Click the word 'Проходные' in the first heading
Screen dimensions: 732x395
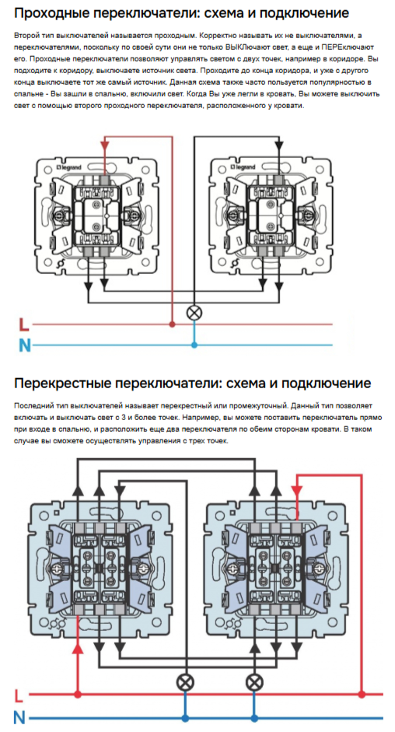(x=56, y=13)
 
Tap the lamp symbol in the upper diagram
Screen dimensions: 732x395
(x=194, y=313)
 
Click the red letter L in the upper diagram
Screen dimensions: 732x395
(x=23, y=324)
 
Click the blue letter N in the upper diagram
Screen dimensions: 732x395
(x=24, y=345)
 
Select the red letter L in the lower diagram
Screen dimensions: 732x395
(x=19, y=695)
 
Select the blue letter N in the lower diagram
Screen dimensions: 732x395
(x=19, y=716)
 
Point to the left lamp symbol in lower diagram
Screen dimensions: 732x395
(x=185, y=682)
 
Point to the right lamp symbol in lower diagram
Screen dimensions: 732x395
(x=254, y=682)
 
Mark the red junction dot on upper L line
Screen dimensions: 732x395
(x=171, y=324)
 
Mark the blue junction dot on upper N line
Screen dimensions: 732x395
(x=194, y=345)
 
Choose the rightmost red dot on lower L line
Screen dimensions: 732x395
(x=362, y=694)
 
